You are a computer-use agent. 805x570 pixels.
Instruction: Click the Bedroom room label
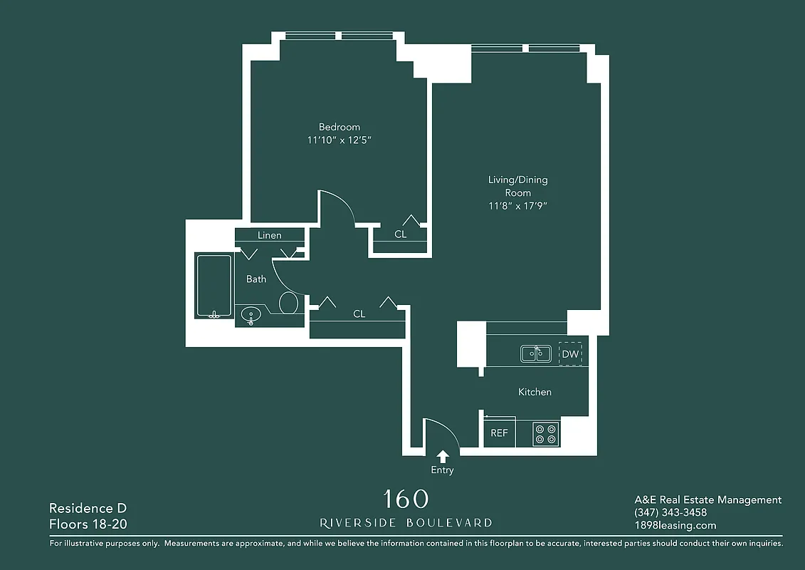point(339,127)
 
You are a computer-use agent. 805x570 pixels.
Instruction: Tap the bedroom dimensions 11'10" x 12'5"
point(339,140)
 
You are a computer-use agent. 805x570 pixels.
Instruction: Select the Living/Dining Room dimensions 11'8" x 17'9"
point(517,206)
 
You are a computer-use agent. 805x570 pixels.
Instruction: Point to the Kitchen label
point(535,392)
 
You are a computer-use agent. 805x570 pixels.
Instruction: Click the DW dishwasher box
point(570,353)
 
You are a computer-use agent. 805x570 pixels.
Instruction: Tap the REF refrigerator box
point(500,432)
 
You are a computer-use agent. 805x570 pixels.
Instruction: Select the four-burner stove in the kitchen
point(546,434)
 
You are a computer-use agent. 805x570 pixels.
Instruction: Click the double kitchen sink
point(535,353)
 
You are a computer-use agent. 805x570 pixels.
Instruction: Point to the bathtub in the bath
point(214,287)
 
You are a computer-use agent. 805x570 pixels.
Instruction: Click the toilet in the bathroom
point(288,303)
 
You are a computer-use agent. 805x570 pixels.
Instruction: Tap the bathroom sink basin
point(251,313)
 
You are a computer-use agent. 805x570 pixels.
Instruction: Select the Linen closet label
point(269,235)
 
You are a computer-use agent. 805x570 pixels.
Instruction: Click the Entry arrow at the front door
point(443,456)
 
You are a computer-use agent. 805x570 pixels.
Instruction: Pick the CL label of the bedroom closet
point(401,234)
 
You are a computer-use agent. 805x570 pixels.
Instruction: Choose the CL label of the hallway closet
point(359,313)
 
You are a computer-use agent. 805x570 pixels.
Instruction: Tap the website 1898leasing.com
point(675,525)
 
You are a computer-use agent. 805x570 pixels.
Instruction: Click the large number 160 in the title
point(406,499)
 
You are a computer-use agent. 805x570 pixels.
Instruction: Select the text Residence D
point(81,508)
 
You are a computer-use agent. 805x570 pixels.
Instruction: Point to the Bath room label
point(256,279)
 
